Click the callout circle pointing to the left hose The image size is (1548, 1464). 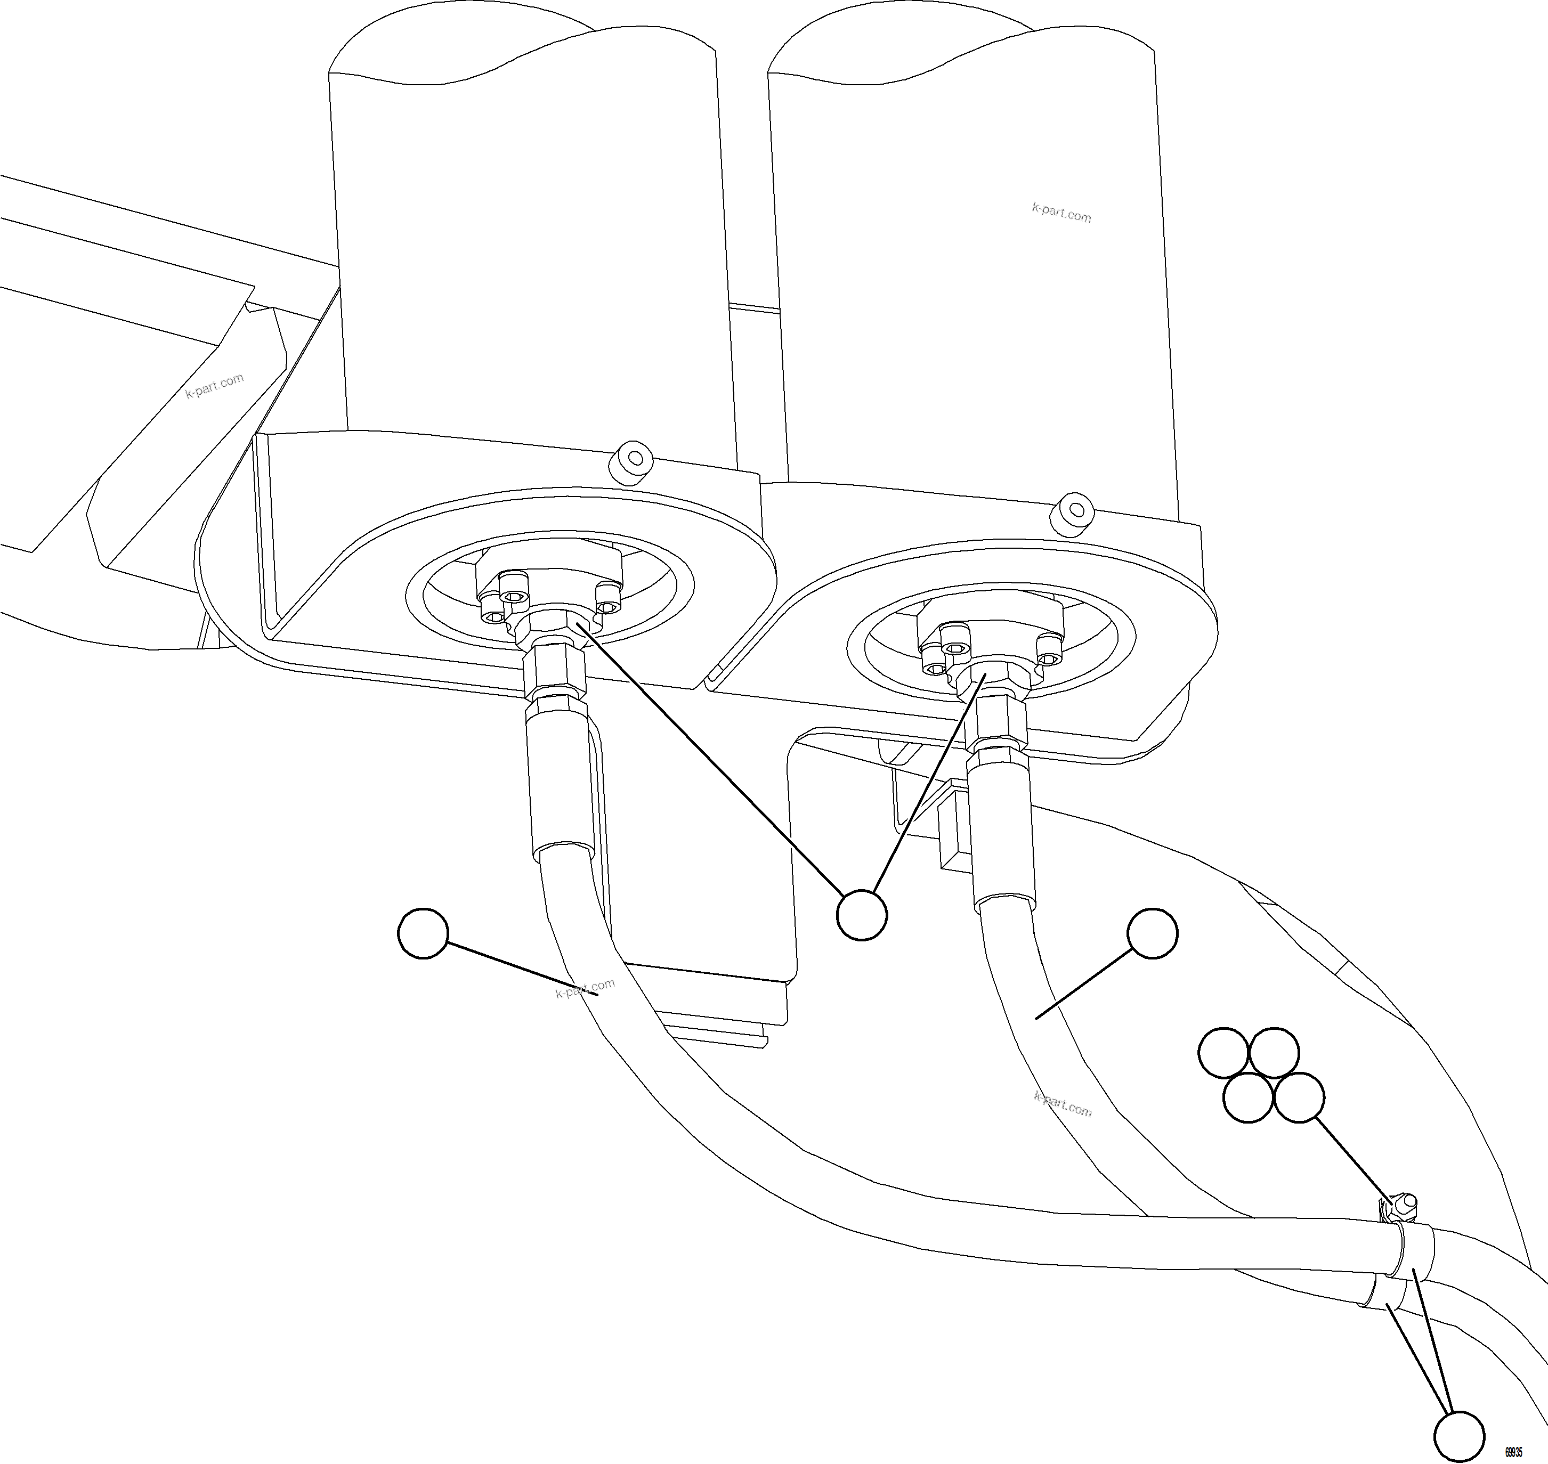pos(423,932)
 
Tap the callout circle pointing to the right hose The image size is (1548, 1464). pos(1152,932)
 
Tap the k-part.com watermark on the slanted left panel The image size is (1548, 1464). pos(215,385)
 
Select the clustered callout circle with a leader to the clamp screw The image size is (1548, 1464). pos(1298,1098)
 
